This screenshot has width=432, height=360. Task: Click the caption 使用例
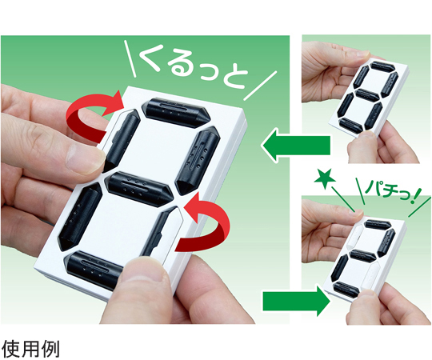[x=30, y=350]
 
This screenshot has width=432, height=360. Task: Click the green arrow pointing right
[x=297, y=301]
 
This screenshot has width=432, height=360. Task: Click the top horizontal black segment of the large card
[x=175, y=112]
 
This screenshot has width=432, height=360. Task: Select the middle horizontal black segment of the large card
[x=140, y=186]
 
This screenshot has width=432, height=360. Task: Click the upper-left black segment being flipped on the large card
[x=122, y=139]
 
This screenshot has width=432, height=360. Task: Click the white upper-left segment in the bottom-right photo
[x=355, y=236]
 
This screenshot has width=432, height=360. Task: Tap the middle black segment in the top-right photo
[x=366, y=94]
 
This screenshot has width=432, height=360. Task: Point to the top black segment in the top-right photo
[x=382, y=67]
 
